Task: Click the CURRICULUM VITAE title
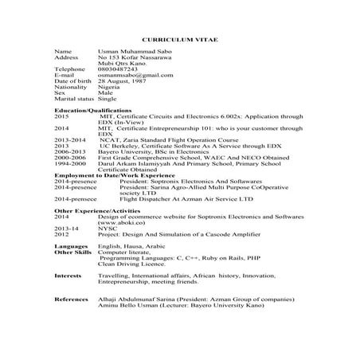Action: [179, 39]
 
